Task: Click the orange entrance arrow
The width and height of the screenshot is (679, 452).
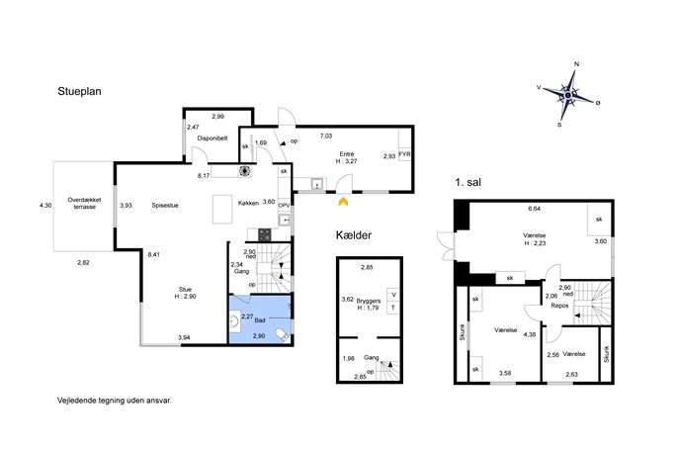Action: tap(343, 201)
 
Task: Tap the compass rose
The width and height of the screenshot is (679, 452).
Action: tap(568, 95)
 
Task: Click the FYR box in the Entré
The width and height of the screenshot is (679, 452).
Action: tap(404, 154)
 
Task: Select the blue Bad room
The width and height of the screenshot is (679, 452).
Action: tap(261, 319)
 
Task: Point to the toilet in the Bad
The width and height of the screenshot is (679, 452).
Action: tap(282, 333)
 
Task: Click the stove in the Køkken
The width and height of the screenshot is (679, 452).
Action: tap(265, 234)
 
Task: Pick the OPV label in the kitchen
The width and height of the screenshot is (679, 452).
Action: tap(284, 206)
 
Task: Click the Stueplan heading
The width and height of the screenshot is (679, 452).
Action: tap(79, 91)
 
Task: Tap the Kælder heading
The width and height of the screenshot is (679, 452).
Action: tap(354, 235)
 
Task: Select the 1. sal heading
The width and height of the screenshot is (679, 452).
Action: tap(467, 182)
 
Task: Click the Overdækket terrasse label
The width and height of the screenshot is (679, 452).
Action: tap(84, 203)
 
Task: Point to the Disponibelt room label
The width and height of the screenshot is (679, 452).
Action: tap(212, 138)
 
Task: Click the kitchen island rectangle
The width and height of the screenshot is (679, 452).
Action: tap(222, 209)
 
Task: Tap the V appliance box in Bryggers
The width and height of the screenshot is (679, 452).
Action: tap(393, 295)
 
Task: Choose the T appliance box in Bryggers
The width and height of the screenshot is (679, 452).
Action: tap(393, 308)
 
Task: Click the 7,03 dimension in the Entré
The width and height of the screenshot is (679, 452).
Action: tap(326, 136)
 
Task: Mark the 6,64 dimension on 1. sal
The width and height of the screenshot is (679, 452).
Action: tap(535, 209)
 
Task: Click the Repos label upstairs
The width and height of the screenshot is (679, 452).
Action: tap(559, 306)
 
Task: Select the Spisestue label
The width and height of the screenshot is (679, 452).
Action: tap(165, 206)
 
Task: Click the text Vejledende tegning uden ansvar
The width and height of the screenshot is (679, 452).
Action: tap(115, 401)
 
